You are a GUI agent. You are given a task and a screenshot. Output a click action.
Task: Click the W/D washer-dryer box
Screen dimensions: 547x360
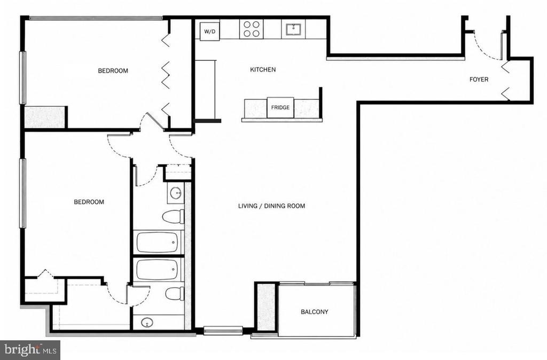click(209, 32)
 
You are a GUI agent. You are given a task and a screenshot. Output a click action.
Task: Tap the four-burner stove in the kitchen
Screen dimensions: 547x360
click(252, 29)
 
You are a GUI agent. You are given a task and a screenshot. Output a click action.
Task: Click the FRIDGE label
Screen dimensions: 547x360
click(280, 107)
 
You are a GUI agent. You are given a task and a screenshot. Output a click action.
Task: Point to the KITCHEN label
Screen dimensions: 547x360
click(263, 70)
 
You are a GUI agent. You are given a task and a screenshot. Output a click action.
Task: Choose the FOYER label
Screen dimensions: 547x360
click(479, 80)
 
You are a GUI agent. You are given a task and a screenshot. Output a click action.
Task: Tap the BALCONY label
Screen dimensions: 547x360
click(314, 312)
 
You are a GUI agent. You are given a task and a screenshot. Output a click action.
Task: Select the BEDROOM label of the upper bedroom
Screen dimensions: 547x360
click(113, 71)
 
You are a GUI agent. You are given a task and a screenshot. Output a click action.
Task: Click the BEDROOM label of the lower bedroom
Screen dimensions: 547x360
click(89, 202)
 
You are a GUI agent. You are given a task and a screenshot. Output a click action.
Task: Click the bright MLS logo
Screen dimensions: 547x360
click(30, 350)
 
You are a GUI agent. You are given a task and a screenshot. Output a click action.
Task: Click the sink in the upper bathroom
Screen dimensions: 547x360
click(175, 192)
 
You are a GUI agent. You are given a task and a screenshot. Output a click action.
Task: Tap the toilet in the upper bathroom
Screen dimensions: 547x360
click(174, 217)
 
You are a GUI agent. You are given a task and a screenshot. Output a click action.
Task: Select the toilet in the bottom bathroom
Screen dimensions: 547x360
click(175, 293)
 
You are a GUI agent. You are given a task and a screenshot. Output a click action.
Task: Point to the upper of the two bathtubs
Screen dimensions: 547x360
click(158, 242)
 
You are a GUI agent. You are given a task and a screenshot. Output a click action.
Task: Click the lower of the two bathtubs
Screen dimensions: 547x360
click(158, 270)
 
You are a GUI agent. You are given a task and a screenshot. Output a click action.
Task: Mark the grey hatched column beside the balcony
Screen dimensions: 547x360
click(266, 306)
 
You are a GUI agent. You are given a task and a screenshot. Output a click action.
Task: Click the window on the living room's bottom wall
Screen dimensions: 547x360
click(223, 330)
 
